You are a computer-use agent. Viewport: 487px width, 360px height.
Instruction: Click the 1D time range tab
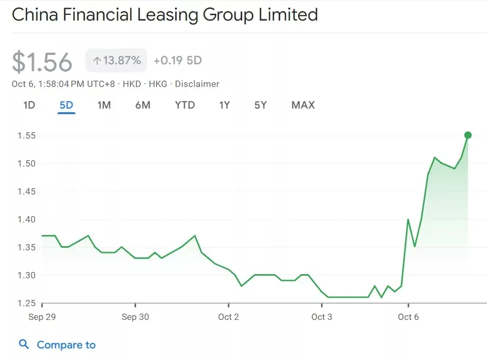[29, 105]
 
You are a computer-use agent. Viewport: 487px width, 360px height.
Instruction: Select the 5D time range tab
[66, 105]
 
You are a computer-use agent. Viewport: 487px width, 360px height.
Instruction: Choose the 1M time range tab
[104, 105]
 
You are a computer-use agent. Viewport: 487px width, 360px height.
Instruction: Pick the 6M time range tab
[142, 105]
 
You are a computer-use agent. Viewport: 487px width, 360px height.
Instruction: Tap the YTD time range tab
[185, 105]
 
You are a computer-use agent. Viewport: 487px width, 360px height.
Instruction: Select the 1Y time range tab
[225, 105]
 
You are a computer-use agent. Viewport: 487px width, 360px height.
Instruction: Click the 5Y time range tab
[261, 105]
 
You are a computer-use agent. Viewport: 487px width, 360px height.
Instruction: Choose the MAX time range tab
[303, 105]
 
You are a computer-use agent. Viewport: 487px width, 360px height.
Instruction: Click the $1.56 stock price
[42, 62]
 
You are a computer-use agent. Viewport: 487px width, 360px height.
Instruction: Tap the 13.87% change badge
[117, 61]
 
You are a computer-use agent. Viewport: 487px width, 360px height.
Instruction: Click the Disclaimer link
[197, 84]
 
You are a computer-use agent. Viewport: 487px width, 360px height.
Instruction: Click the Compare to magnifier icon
[24, 345]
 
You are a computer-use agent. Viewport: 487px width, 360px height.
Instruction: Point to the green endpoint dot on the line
[467, 135]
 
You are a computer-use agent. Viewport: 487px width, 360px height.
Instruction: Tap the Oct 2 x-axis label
[228, 317]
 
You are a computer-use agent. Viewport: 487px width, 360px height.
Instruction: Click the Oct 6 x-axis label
[408, 317]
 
